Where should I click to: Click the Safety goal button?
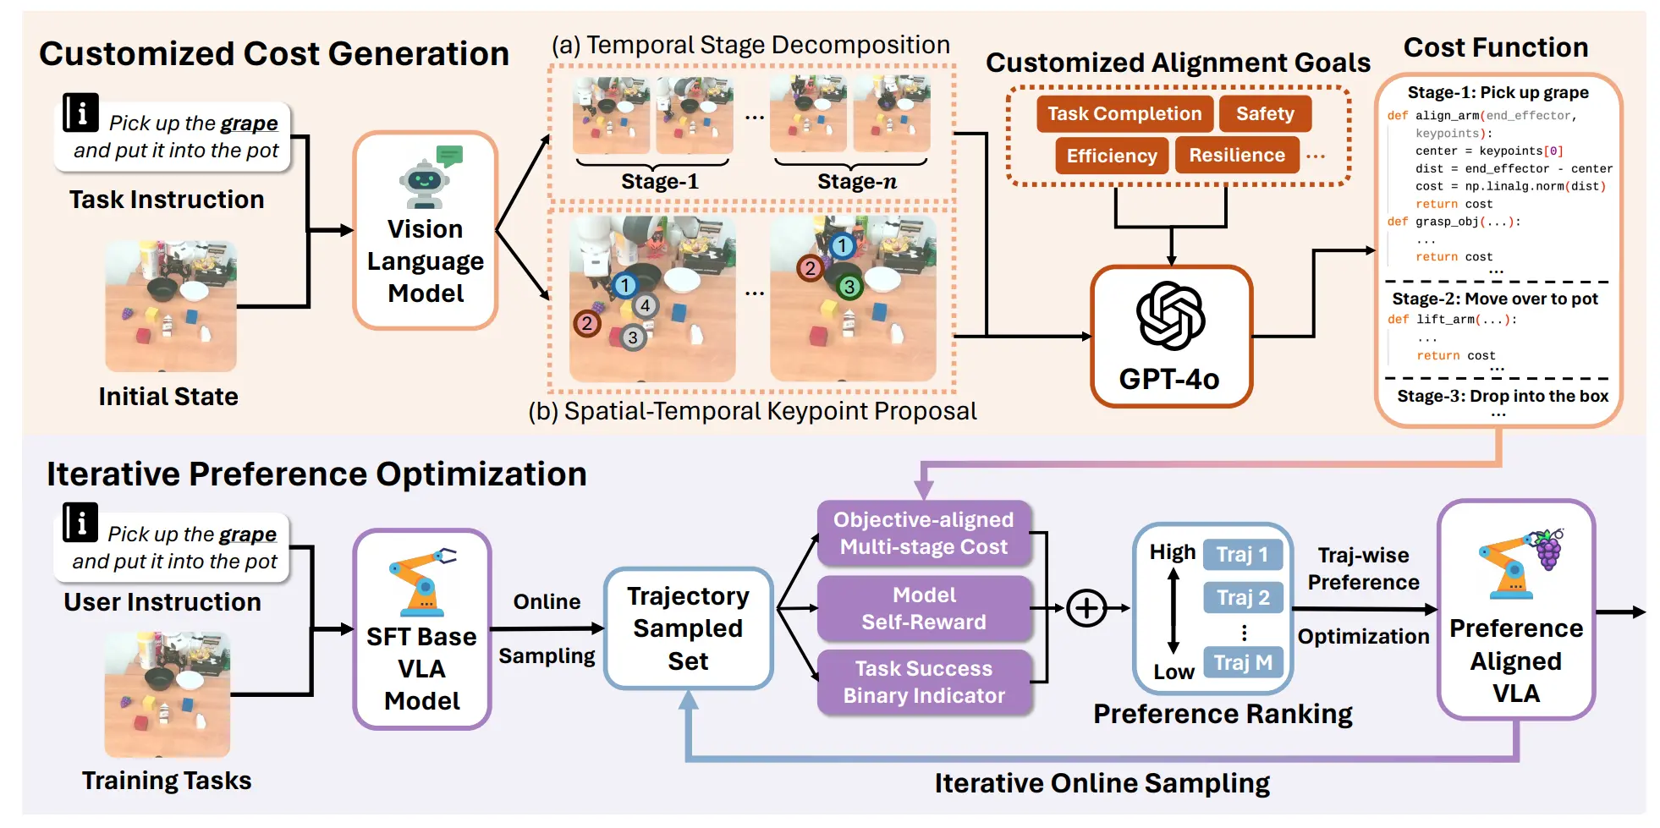[1265, 113]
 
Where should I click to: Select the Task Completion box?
[1124, 113]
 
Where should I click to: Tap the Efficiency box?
[1112, 156]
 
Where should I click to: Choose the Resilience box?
[1237, 155]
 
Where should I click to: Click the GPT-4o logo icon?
[1171, 315]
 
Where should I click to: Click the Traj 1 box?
[1242, 555]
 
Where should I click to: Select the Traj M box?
[1243, 662]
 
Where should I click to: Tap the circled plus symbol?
[1086, 608]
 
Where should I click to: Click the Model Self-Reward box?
[924, 608]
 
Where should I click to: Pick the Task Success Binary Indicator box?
[924, 682]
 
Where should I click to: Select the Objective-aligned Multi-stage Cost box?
[924, 533]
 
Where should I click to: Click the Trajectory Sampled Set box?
[688, 628]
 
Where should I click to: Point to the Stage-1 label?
[660, 182]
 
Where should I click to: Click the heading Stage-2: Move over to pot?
[1495, 299]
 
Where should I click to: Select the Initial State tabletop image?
[171, 305]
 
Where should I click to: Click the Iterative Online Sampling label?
[1102, 783]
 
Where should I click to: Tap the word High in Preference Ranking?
[1172, 552]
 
